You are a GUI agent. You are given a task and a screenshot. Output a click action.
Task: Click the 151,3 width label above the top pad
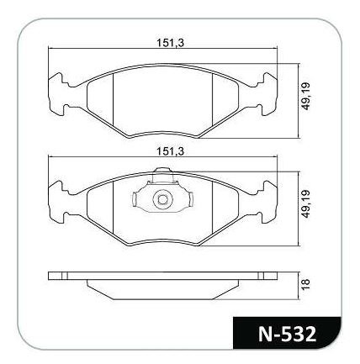click(170, 43)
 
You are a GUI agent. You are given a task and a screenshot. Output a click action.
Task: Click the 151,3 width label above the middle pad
click(170, 151)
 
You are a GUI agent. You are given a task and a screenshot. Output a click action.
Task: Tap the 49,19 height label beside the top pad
click(305, 96)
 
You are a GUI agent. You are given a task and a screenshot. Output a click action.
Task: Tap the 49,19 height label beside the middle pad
click(305, 203)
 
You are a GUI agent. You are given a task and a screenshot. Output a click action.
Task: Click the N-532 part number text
click(287, 334)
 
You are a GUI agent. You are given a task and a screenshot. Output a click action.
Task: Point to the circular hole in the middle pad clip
click(162, 199)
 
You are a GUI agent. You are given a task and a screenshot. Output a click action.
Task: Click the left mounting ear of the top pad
click(58, 94)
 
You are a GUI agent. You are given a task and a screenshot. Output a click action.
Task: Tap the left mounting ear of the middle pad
click(58, 202)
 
